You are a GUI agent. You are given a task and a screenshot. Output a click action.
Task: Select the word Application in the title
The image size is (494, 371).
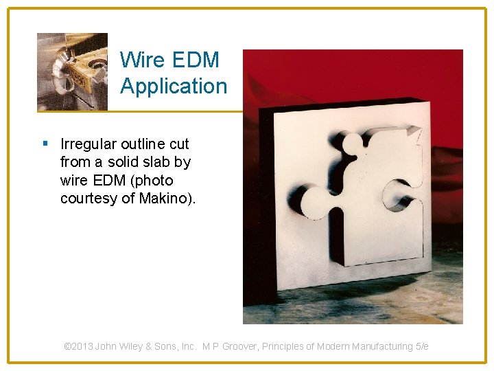pos(173,86)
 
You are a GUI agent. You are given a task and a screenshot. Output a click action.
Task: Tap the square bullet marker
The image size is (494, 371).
pos(45,144)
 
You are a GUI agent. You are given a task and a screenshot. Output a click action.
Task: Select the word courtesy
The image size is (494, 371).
pos(88,199)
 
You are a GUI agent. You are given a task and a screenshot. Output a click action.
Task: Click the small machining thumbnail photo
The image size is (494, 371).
pos(72,71)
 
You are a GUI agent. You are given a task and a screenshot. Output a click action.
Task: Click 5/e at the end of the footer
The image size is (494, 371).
pos(422,346)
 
